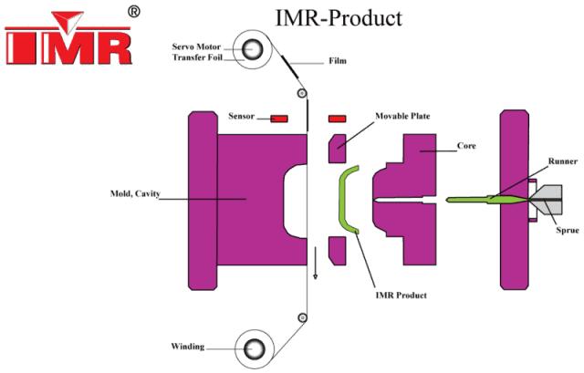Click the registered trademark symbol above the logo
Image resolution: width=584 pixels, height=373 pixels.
coord(134,11)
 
